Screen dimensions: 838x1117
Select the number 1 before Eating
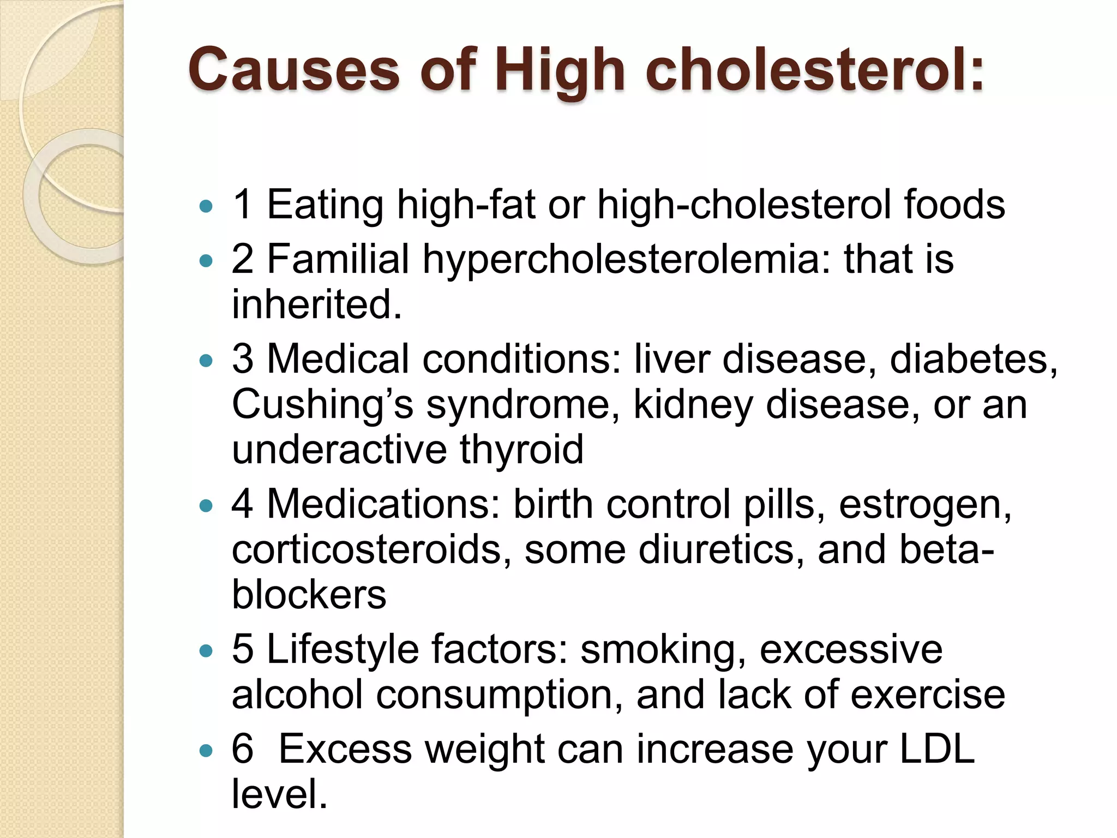click(242, 205)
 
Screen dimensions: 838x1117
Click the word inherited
click(316, 304)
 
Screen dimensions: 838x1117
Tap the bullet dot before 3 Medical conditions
click(206, 361)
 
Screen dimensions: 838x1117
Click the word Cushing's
click(322, 405)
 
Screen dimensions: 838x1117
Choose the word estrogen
click(925, 505)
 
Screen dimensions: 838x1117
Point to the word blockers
click(309, 594)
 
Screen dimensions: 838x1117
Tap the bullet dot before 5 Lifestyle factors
click(206, 651)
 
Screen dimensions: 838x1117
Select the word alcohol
click(297, 695)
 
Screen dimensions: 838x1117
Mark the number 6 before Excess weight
click(242, 749)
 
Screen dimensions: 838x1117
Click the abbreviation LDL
click(936, 749)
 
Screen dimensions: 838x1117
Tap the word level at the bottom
click(279, 794)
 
